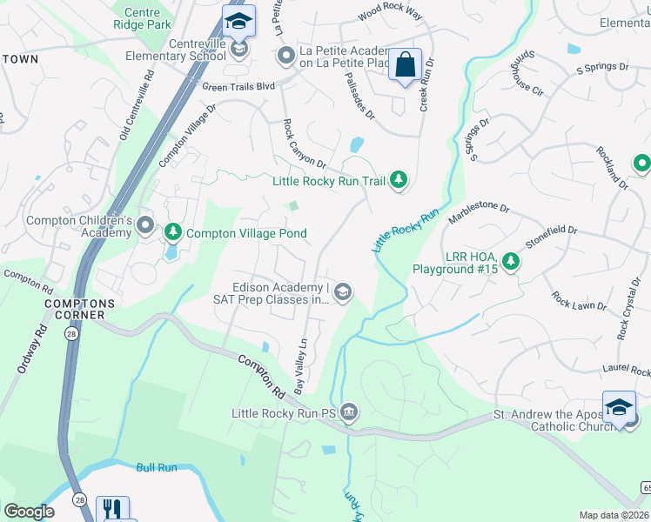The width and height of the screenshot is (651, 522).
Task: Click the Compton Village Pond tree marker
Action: click(x=173, y=232)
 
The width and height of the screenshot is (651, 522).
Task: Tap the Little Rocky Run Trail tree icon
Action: click(x=399, y=180)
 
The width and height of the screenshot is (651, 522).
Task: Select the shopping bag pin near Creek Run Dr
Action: click(x=405, y=65)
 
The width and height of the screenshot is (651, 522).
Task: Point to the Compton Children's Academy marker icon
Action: click(x=145, y=227)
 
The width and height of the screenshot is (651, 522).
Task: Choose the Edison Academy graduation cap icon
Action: click(x=343, y=292)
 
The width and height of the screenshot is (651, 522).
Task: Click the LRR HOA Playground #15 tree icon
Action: click(x=511, y=260)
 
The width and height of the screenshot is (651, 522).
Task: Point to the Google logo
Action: click(x=29, y=512)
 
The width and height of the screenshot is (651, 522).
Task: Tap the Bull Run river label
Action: click(x=157, y=468)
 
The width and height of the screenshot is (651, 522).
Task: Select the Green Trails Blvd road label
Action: click(x=238, y=87)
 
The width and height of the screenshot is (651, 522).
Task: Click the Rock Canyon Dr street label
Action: click(x=304, y=144)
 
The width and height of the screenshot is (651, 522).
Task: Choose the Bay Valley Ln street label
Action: click(x=301, y=366)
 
